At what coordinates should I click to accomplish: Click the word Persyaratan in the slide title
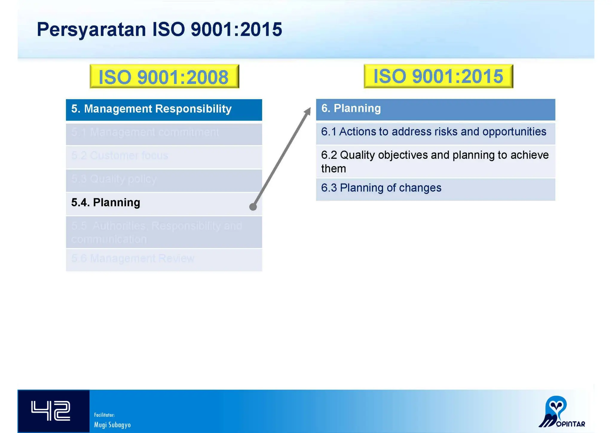[91, 30]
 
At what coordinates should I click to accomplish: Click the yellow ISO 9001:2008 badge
[164, 77]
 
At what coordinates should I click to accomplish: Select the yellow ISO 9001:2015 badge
[438, 76]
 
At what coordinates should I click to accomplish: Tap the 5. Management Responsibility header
[164, 109]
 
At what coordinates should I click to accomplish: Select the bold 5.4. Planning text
[105, 203]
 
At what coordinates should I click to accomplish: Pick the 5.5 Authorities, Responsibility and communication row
[164, 232]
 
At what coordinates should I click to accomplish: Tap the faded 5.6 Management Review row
[164, 259]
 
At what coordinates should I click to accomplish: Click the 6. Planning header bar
[435, 109]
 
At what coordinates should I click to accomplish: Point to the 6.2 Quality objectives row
[435, 161]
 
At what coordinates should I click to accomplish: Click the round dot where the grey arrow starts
[253, 207]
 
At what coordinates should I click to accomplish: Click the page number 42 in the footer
[51, 411]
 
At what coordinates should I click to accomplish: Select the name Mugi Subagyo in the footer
[112, 425]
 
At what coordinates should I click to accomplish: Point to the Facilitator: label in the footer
[104, 415]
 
